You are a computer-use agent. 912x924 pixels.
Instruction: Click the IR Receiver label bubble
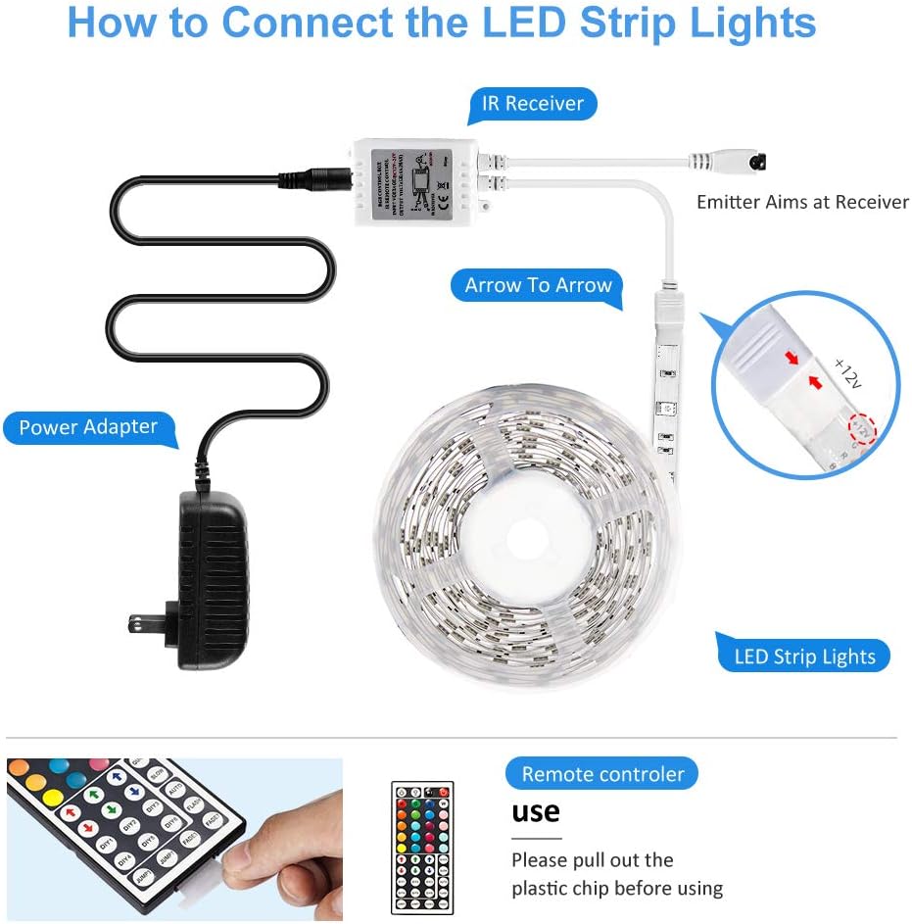(532, 104)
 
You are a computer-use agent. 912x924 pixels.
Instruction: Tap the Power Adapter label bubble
(88, 427)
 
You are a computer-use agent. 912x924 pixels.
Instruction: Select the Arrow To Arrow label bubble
(538, 286)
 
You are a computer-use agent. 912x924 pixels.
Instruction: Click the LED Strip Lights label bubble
(803, 656)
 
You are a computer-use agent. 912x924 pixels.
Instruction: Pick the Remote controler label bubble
(601, 774)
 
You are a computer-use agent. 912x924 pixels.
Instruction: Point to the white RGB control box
(415, 181)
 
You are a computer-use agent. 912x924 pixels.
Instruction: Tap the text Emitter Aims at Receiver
(802, 202)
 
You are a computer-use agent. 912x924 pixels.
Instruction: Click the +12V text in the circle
(846, 373)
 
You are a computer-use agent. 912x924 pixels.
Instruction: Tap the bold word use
(536, 812)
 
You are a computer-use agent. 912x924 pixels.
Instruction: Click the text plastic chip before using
(616, 889)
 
